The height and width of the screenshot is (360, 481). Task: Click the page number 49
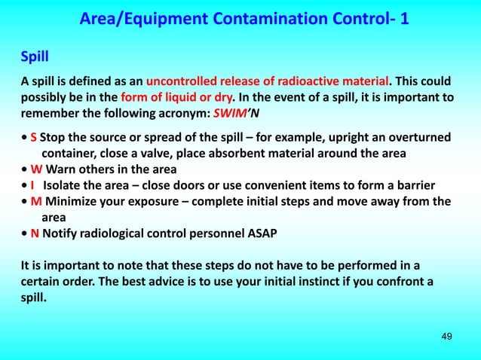[x=446, y=335]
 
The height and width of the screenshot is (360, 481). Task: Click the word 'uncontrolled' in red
[x=181, y=81]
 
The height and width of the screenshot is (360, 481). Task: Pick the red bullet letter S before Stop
[x=33, y=137]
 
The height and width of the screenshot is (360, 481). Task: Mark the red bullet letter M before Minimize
[x=35, y=201]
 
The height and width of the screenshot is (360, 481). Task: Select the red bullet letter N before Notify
[x=34, y=233]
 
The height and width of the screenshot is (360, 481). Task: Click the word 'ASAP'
[x=262, y=233]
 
